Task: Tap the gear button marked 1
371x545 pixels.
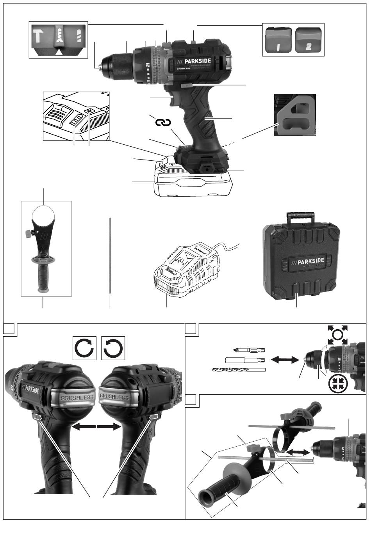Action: [278, 40]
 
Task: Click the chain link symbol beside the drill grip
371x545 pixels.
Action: [163, 123]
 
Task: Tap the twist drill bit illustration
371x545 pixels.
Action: [239, 369]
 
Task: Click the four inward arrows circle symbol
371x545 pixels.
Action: [338, 384]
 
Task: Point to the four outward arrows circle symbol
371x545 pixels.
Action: [338, 335]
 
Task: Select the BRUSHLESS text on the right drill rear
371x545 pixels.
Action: [114, 398]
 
